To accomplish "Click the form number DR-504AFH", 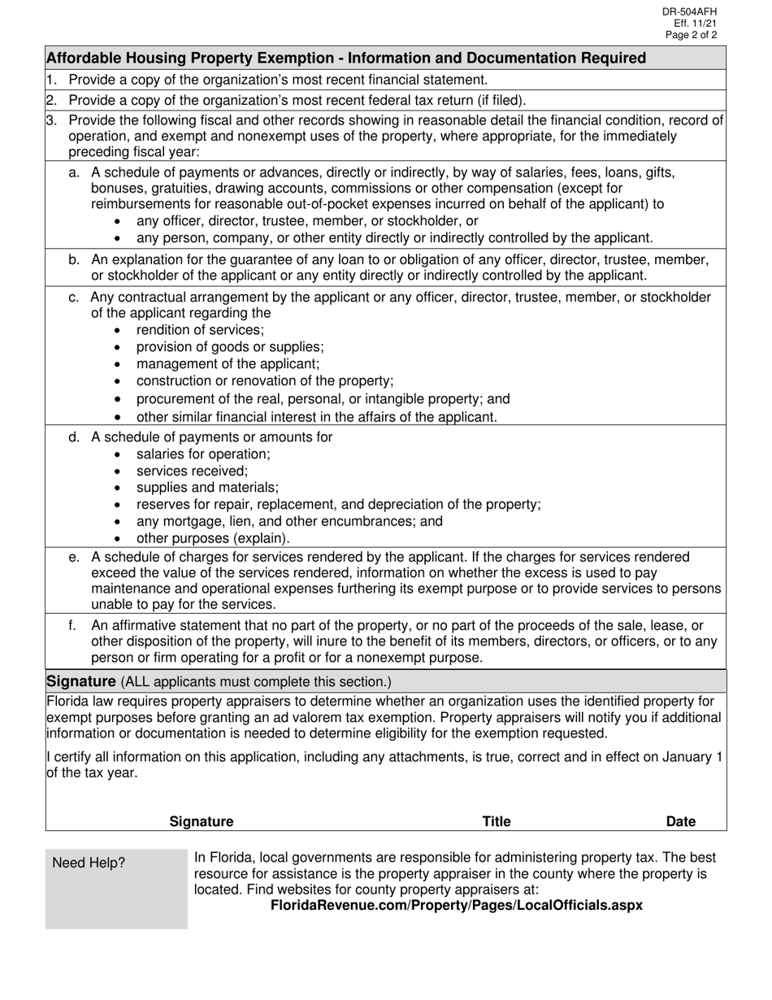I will point(690,11).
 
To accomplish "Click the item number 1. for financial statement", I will point(51,80).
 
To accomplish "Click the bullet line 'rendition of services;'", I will point(200,330).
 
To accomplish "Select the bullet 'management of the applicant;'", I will point(228,364).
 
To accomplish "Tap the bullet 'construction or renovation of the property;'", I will point(265,381).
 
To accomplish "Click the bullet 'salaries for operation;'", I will point(203,454).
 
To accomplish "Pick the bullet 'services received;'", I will point(192,471).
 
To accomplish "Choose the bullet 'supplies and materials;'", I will point(207,488).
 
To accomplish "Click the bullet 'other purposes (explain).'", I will point(213,538).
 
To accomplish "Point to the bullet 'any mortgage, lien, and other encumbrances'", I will point(289,521).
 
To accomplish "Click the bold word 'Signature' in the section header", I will point(81,680).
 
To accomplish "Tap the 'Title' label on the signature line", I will point(497,821).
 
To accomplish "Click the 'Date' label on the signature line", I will point(680,821).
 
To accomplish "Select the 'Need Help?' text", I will point(89,863).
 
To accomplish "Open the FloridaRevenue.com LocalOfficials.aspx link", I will point(456,905).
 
